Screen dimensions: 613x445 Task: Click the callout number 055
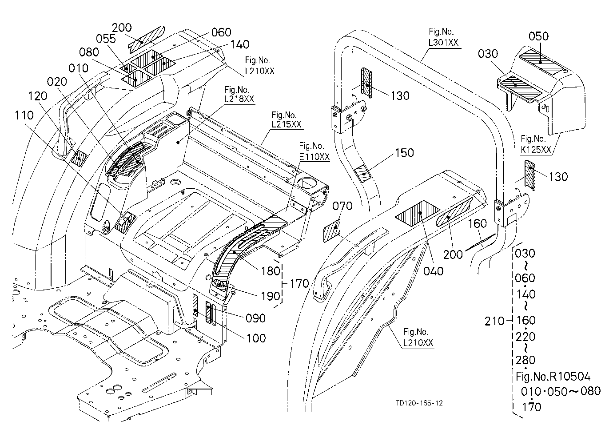tap(106, 39)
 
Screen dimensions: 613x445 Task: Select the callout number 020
tap(57, 82)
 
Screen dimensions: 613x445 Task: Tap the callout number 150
tap(404, 153)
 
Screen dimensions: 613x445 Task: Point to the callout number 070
tap(342, 206)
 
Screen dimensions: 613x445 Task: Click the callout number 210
tap(494, 321)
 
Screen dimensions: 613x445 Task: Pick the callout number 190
tap(271, 296)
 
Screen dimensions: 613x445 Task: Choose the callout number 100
tap(256, 338)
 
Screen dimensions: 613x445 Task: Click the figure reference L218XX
tap(239, 99)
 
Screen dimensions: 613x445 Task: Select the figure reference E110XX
tap(314, 157)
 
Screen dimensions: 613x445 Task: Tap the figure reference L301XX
tap(443, 43)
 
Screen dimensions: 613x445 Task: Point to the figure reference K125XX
tap(536, 150)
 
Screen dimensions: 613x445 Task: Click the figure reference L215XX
tap(286, 124)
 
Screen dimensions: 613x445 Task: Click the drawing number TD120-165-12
tap(419, 403)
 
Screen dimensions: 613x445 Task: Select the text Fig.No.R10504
tap(553, 377)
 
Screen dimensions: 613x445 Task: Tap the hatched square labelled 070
tap(332, 230)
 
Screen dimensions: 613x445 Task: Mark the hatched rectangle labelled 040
tap(418, 213)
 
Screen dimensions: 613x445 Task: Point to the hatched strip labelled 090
tap(208, 313)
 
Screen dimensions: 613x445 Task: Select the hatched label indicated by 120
tap(79, 159)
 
